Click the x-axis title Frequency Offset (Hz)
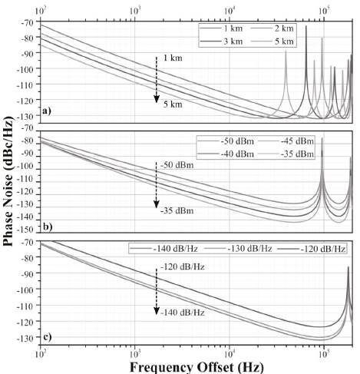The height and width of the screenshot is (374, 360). [197, 366]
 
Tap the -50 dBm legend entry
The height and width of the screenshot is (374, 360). [230, 143]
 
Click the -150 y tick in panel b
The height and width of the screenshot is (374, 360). [27, 230]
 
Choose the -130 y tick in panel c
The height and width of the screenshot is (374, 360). [27, 338]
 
